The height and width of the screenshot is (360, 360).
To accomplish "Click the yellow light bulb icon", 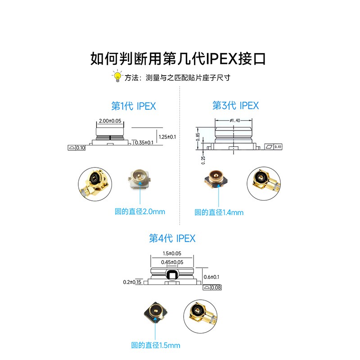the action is [x=117, y=76].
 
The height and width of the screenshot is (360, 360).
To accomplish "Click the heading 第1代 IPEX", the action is [x=134, y=106].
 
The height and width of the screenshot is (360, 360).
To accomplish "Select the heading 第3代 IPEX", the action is [x=235, y=106].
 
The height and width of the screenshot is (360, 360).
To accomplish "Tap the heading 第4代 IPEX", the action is [x=172, y=238].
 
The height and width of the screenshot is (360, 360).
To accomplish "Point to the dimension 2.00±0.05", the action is [x=110, y=121].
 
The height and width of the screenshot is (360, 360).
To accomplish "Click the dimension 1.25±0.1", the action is [x=167, y=137].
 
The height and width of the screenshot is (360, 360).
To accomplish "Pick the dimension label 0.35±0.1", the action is [x=144, y=143].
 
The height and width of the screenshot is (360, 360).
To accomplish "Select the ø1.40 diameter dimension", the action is [x=235, y=120].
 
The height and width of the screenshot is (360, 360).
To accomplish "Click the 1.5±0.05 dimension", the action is [x=172, y=253].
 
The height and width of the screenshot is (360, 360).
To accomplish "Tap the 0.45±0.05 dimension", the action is [x=172, y=262].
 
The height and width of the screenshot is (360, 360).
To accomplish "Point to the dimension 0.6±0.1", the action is [x=211, y=277].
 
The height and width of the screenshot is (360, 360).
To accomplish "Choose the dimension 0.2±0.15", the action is [x=132, y=282].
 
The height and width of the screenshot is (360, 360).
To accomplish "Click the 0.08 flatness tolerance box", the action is [x=212, y=288].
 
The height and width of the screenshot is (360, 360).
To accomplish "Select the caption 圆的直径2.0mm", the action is [x=140, y=211].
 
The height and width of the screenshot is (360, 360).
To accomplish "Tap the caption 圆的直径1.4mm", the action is [x=219, y=212].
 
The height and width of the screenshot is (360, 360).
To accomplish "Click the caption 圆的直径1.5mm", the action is [x=155, y=345].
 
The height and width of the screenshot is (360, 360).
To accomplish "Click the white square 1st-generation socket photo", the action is [x=139, y=179].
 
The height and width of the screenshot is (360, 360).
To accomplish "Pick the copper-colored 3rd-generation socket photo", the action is [x=216, y=179].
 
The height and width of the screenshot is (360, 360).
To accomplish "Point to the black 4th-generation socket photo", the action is [x=155, y=312].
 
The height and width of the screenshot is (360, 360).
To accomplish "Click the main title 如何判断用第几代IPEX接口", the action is [x=178, y=58].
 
